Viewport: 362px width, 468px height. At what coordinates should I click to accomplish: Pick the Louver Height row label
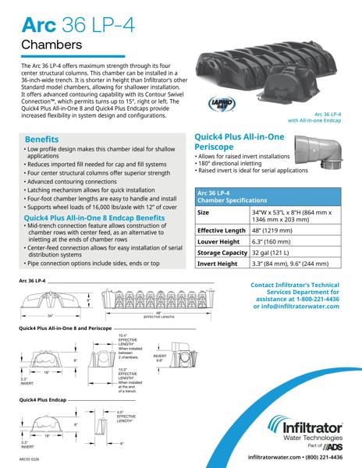tap(219, 242)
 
